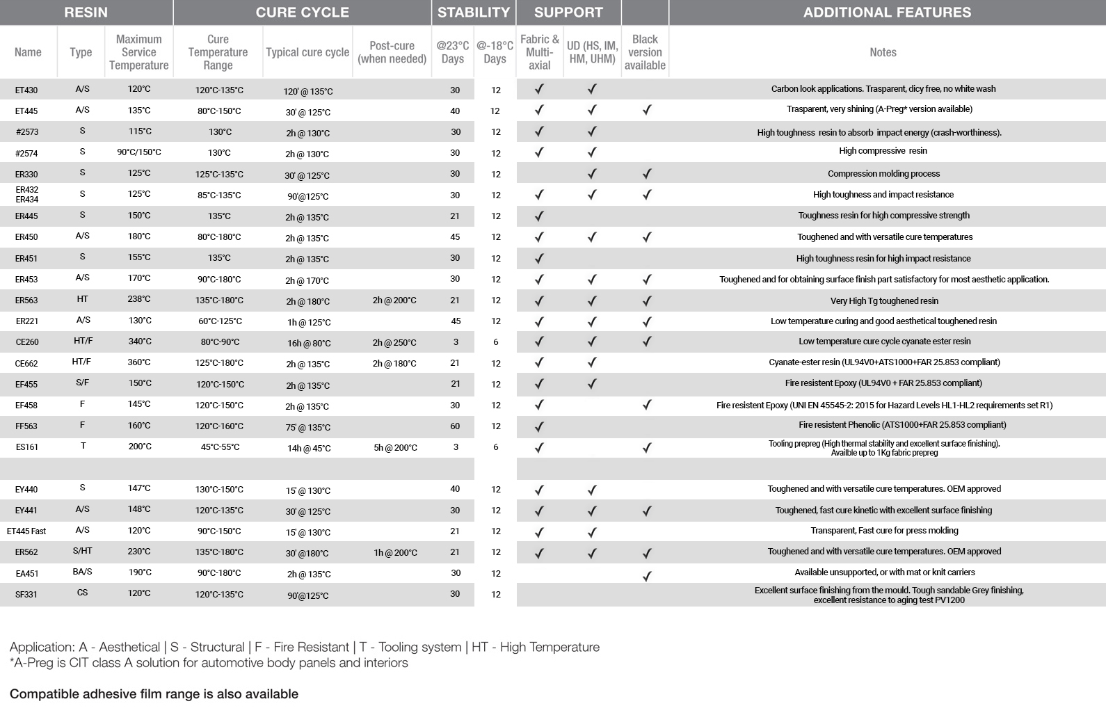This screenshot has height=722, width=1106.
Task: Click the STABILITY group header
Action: click(474, 13)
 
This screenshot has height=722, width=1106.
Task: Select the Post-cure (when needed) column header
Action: click(392, 52)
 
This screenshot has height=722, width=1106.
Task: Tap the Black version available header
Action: click(645, 52)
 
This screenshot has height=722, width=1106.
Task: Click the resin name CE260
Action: click(27, 342)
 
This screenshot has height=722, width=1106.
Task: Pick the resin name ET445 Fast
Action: click(26, 531)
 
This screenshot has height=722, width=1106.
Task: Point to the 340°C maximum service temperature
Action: click(139, 342)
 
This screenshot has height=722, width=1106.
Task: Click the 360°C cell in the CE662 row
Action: click(139, 362)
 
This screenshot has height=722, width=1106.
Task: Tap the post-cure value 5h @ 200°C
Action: click(395, 448)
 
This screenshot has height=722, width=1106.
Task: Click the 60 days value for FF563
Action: click(455, 426)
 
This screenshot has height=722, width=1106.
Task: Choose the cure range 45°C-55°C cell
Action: click(220, 447)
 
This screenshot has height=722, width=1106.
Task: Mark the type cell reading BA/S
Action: click(82, 572)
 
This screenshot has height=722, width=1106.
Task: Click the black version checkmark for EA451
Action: click(646, 575)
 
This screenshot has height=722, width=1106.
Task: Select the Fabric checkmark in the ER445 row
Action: click(539, 216)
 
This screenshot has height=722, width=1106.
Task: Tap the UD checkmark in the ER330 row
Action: click(592, 174)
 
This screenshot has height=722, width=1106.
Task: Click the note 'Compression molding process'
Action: click(883, 174)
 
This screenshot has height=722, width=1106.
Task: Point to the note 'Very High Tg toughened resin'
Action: click(884, 301)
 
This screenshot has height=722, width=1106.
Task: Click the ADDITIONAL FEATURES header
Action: click(887, 13)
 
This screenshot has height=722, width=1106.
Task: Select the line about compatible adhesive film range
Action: click(154, 694)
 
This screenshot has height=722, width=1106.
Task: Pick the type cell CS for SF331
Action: click(82, 593)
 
